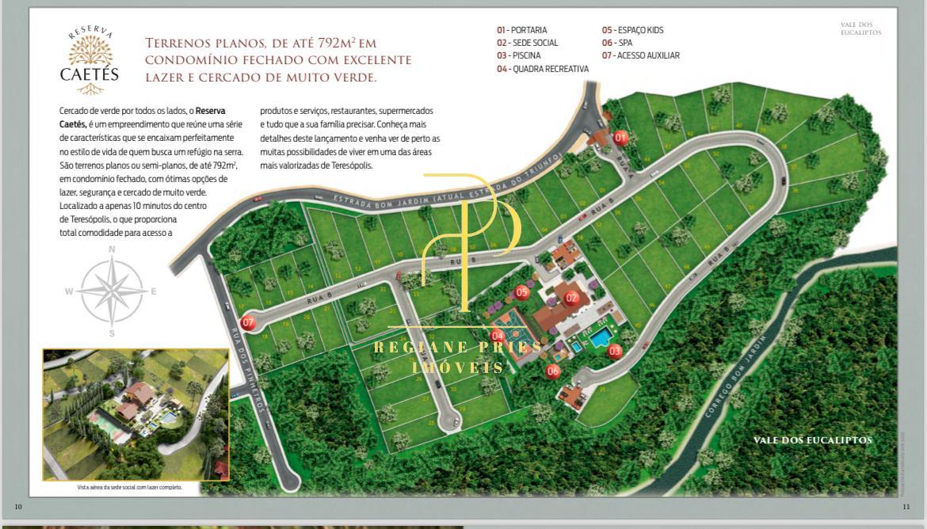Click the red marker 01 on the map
[620, 138]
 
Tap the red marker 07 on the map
[249, 322]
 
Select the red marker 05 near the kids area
[521, 292]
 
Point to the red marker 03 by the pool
[615, 350]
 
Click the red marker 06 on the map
[552, 370]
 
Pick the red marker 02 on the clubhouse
[571, 299]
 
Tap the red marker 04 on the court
[498, 336]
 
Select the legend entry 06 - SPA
[617, 43]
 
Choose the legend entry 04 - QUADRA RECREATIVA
[543, 69]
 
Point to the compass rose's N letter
[112, 249]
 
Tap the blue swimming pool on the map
[601, 339]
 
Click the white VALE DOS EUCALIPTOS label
[812, 440]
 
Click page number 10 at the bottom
[18, 506]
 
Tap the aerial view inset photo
[135, 414]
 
